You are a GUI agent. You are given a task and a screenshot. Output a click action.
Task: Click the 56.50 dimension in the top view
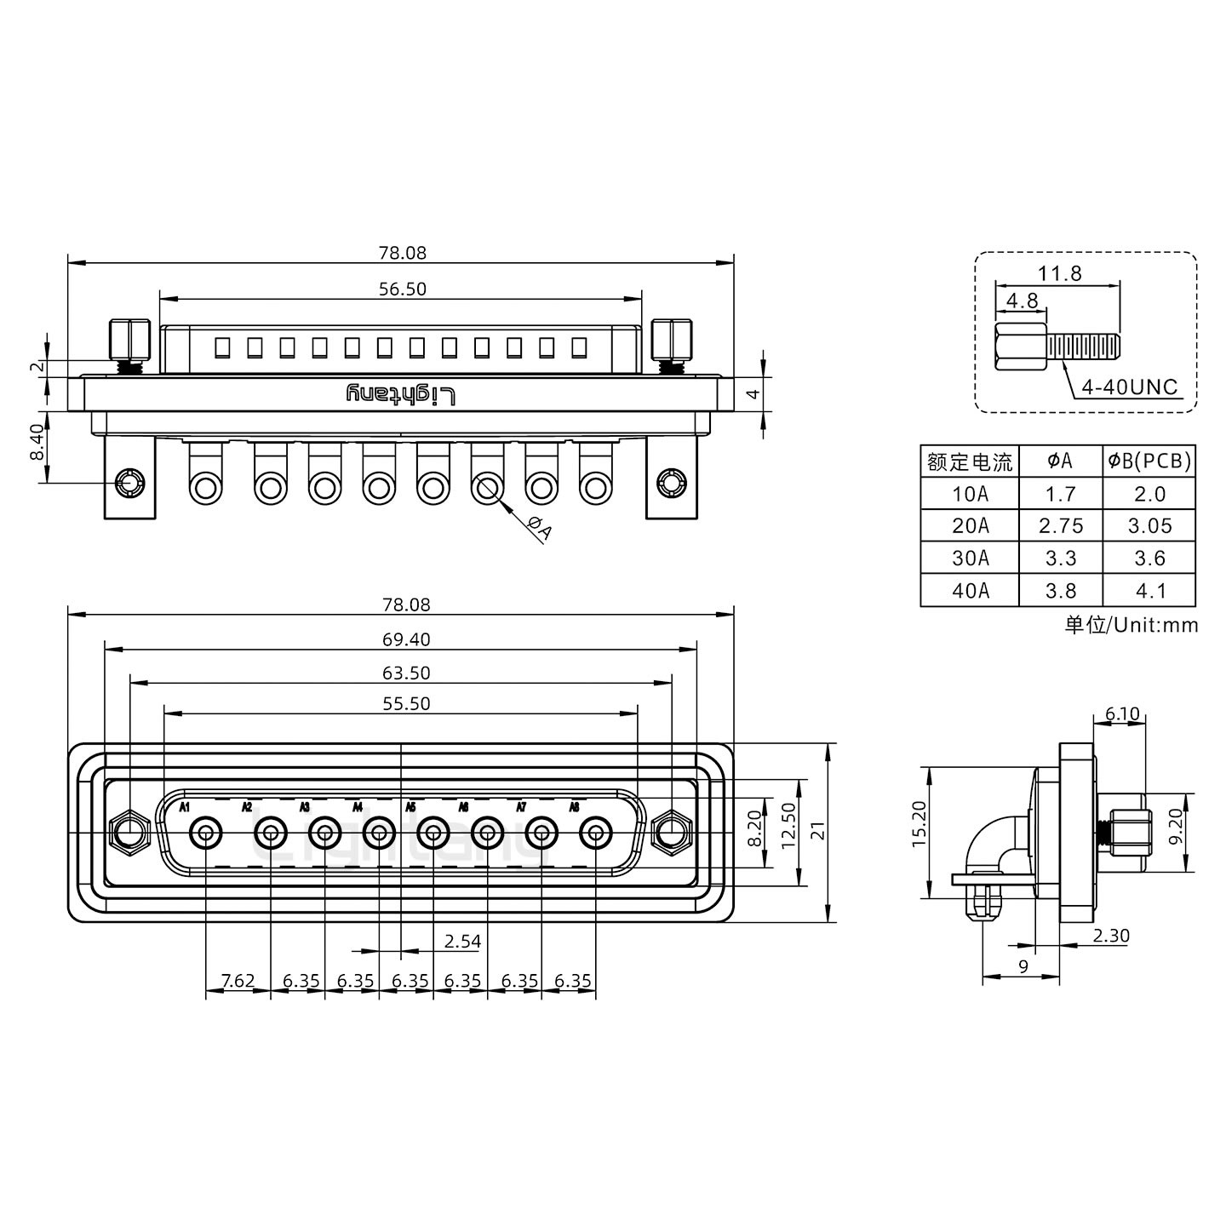tap(402, 289)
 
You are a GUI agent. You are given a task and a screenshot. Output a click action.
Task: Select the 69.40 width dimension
tap(406, 639)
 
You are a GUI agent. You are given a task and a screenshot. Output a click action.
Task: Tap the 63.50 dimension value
tap(406, 673)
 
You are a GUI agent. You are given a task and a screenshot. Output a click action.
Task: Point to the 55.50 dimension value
tap(406, 703)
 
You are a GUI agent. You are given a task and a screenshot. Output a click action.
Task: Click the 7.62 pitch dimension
tap(238, 981)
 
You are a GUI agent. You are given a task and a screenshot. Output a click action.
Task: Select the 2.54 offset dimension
tap(462, 941)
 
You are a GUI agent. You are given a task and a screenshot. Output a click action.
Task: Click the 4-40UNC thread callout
tap(1129, 387)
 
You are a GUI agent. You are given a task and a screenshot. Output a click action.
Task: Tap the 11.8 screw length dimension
tap(1059, 273)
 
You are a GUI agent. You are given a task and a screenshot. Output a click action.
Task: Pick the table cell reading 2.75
tap(1061, 526)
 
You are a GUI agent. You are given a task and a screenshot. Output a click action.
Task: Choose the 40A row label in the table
tap(971, 591)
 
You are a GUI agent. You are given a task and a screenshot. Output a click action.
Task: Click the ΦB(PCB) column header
tap(1149, 461)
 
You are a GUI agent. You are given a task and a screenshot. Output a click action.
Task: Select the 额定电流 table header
tap(970, 462)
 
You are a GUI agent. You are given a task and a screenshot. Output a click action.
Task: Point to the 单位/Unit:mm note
tap(1131, 625)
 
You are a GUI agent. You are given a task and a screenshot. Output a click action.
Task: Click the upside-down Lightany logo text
tap(401, 394)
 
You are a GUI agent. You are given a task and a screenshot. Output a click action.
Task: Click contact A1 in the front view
tap(205, 833)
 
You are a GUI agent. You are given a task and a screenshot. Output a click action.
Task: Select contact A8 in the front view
tap(595, 833)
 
